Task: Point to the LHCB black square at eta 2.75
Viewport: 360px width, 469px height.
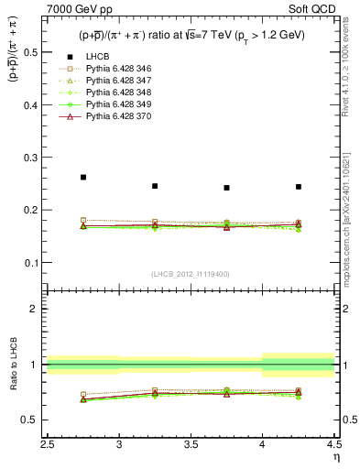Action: coord(83,177)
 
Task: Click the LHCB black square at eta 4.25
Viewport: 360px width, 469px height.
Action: coord(299,187)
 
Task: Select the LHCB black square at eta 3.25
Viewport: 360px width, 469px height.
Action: coord(155,186)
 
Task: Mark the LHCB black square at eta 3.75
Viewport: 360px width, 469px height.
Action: coord(226,188)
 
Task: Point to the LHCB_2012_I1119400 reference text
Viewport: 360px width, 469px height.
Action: coord(191,274)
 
